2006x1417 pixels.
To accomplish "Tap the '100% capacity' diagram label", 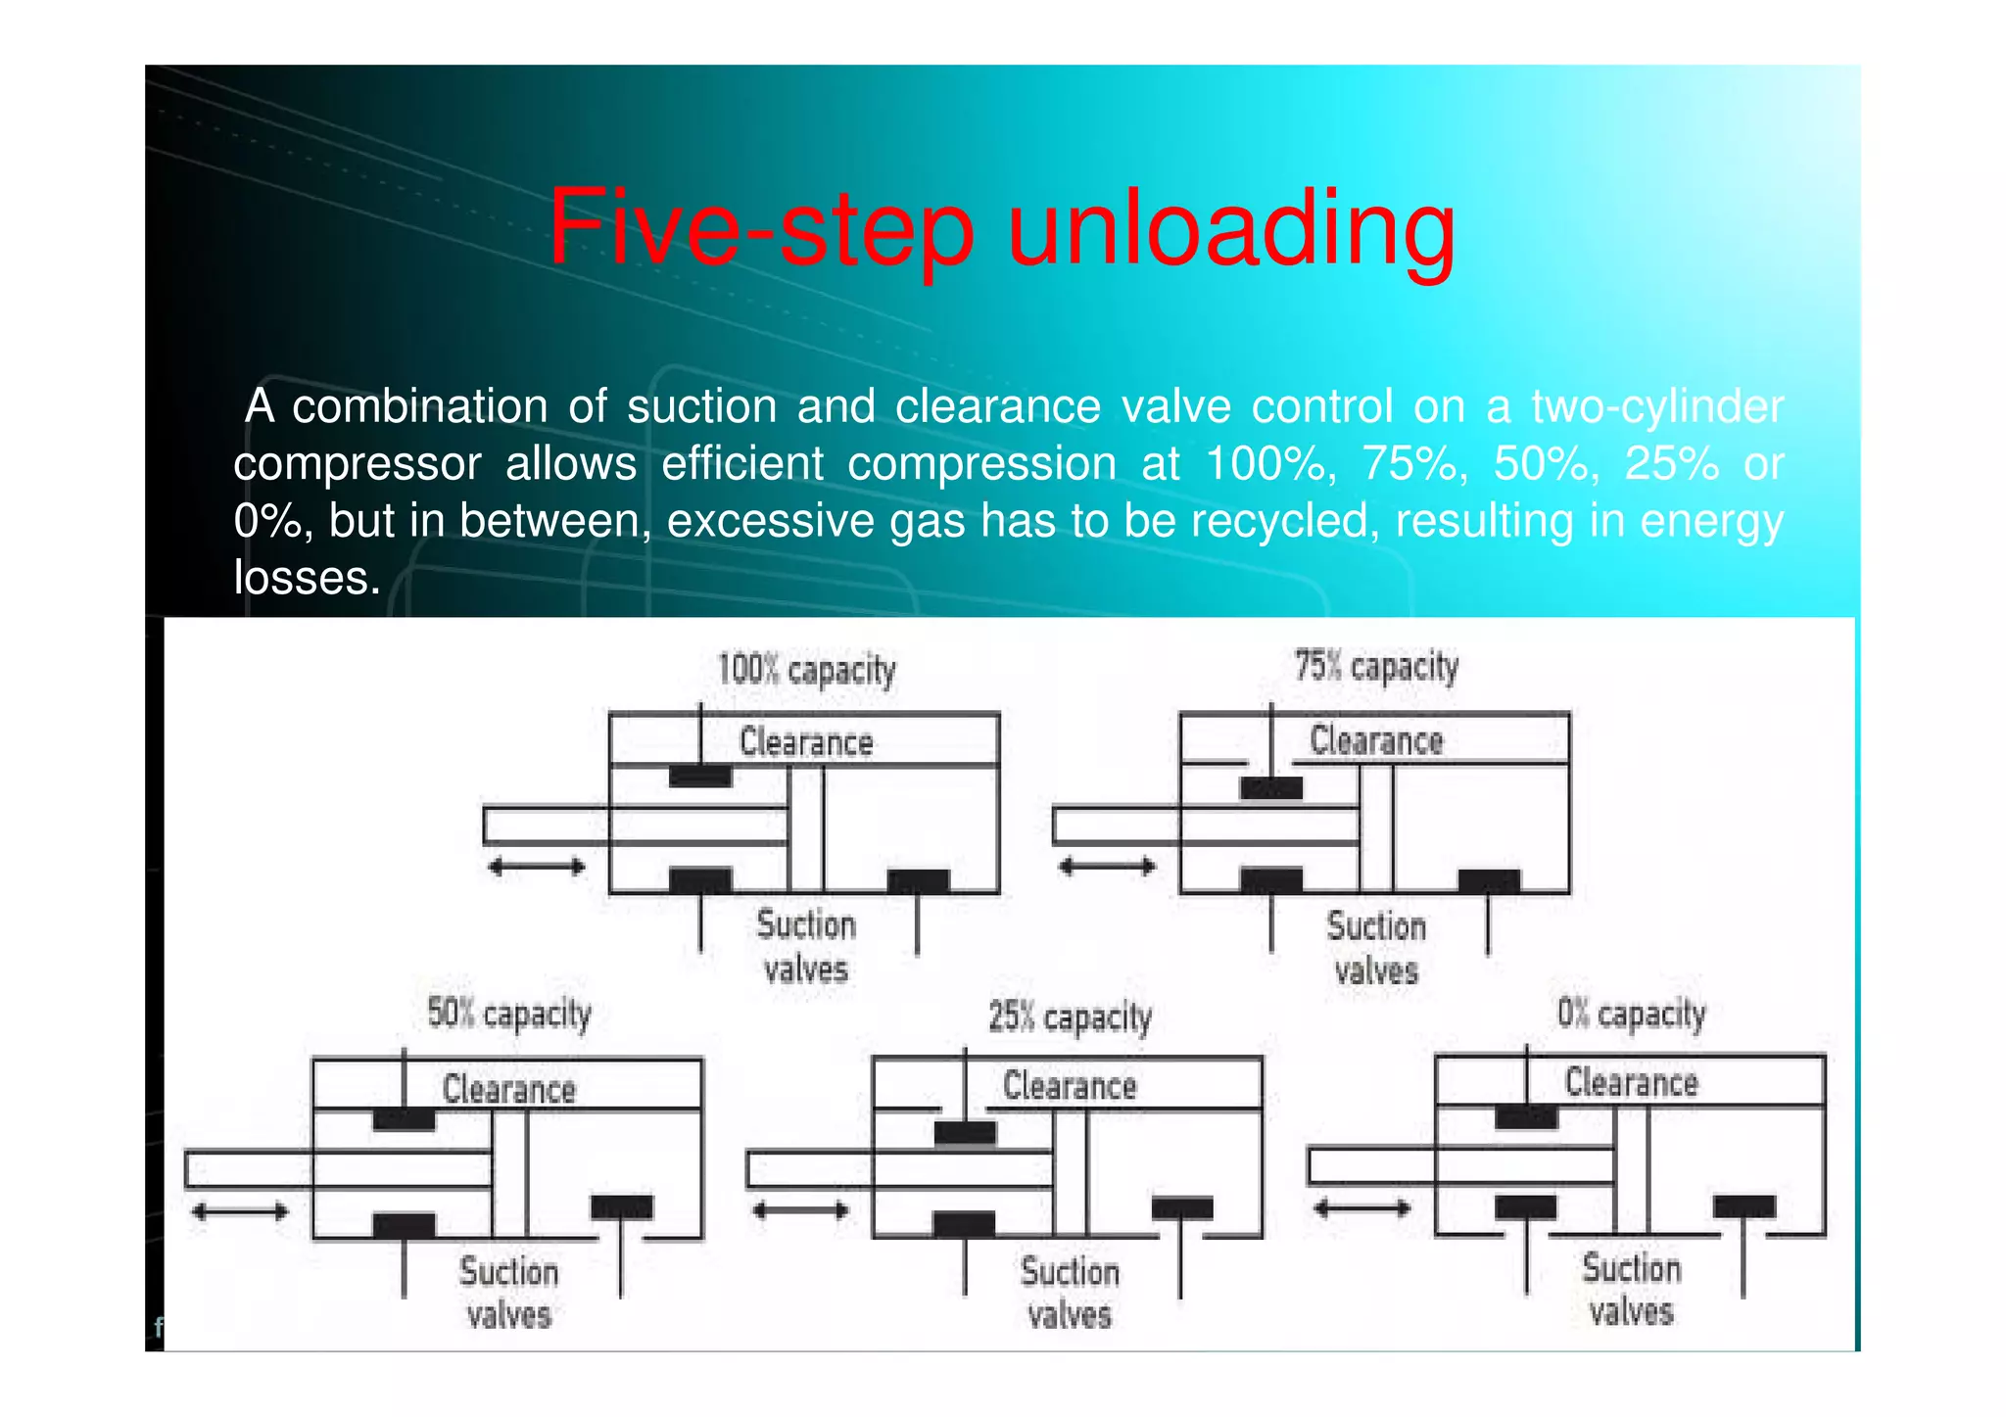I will [806, 670].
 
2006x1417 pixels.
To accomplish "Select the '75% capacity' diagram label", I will [1376, 667].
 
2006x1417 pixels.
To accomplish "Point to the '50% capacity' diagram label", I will [509, 1014].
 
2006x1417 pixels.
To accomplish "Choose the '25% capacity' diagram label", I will [1070, 1016].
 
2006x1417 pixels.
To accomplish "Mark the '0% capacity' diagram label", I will [1632, 1013].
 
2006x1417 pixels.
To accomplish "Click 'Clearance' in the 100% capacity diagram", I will [806, 742].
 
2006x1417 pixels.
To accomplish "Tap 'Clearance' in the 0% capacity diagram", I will [1632, 1082].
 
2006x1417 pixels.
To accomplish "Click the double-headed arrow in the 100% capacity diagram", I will [537, 867].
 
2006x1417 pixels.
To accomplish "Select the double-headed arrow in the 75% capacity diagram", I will [1108, 867].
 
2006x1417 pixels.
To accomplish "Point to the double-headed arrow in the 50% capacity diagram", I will [240, 1212].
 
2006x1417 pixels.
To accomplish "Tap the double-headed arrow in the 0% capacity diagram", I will [1362, 1208].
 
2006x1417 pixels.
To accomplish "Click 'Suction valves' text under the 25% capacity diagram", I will [1070, 1293].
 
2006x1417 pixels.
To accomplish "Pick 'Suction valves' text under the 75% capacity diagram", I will [1376, 948].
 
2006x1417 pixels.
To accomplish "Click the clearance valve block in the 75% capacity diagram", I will [1271, 788].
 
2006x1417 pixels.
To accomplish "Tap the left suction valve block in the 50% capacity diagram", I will [404, 1225].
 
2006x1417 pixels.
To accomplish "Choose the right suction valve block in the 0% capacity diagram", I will [1743, 1206].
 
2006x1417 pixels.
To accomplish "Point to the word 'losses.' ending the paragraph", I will [307, 577].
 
